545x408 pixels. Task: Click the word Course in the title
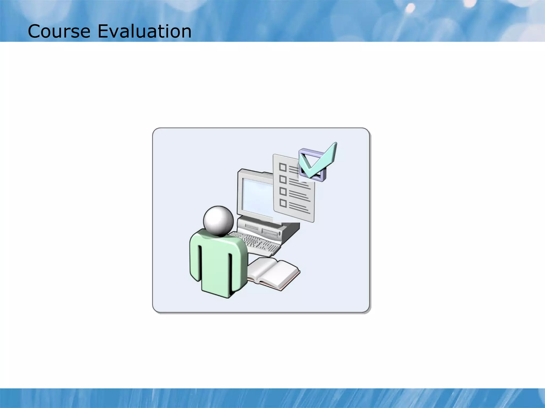[x=59, y=31]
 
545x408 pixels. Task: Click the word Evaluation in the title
[x=144, y=31]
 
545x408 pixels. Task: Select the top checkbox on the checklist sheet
[x=283, y=167]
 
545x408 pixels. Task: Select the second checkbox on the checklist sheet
[x=283, y=180]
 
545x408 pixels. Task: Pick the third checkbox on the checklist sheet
[x=283, y=192]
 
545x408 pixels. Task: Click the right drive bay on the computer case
[x=270, y=232]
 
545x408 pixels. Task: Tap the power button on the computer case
[x=279, y=234]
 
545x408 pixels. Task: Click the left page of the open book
[x=259, y=268]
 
